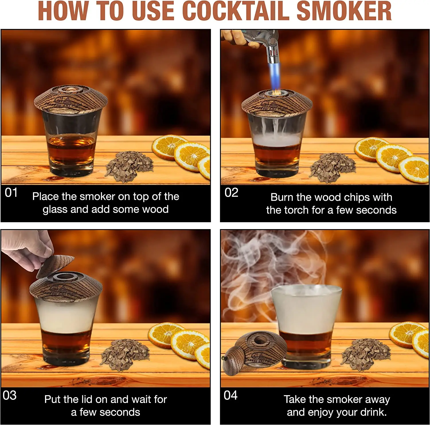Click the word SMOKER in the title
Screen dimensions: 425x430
point(344,11)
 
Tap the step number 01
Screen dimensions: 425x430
point(11,193)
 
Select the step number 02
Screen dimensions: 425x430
point(231,193)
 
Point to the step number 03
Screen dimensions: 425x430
point(10,396)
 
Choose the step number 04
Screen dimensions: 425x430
point(230,396)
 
